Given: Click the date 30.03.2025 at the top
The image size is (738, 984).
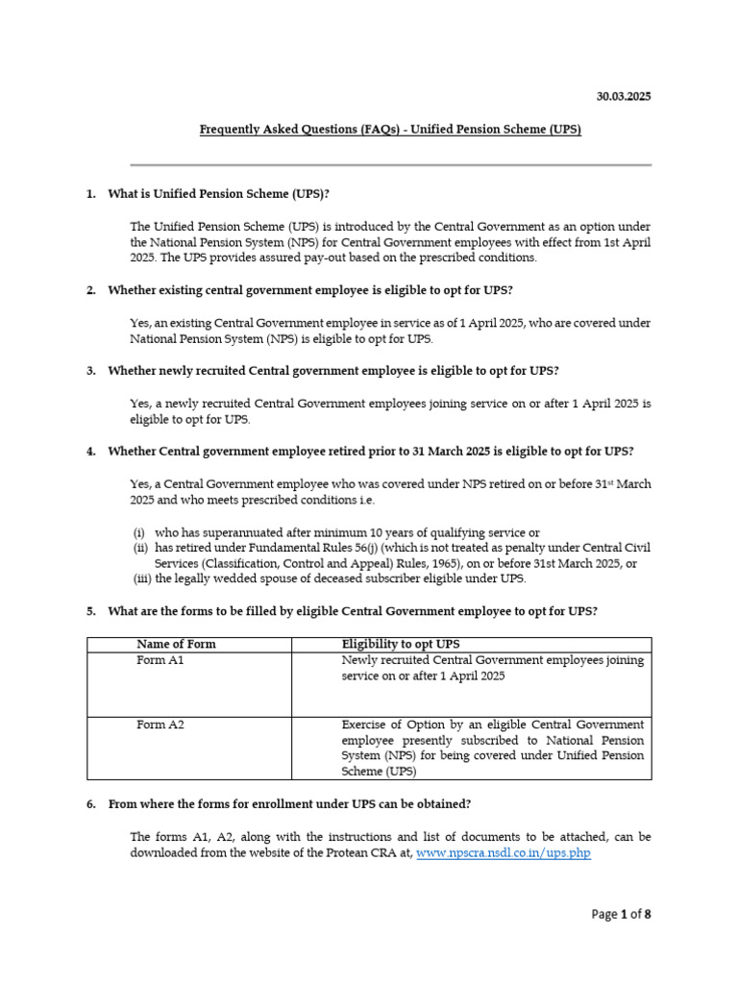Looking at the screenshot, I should [x=625, y=97].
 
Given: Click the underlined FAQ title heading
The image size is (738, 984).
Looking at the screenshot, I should [x=390, y=129].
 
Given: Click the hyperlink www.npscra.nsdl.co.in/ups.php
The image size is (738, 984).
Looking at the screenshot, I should [x=504, y=852].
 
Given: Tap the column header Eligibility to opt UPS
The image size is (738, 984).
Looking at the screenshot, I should [x=394, y=644].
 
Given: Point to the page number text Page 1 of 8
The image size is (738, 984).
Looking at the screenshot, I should [x=621, y=914].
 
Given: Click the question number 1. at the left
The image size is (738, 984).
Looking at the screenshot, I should [x=91, y=194].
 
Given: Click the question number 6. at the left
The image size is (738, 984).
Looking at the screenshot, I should [x=91, y=803].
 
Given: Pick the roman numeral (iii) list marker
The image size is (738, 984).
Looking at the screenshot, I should [x=140, y=578].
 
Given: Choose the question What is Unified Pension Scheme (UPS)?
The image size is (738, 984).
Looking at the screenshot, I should [x=219, y=194].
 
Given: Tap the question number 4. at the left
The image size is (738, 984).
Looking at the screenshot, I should [x=91, y=452].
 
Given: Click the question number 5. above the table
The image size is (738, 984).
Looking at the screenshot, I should [x=91, y=611].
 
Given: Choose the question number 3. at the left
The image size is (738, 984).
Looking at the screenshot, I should [x=91, y=371].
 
